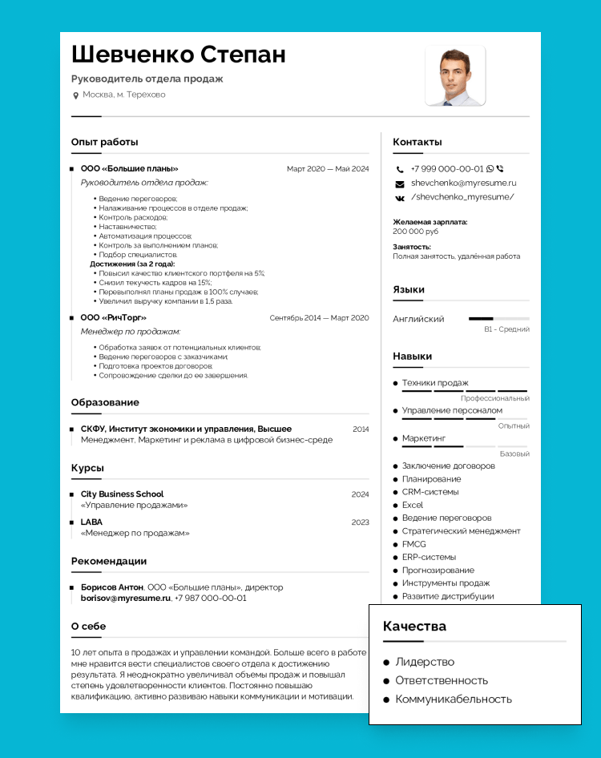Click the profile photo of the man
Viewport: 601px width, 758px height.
[x=455, y=76]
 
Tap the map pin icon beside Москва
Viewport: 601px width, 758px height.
[x=76, y=95]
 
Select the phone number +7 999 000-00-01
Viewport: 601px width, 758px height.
[x=447, y=169]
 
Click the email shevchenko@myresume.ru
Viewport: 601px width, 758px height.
[x=463, y=183]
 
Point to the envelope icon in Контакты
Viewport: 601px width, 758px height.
[x=400, y=183]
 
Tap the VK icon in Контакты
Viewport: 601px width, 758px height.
[x=400, y=197]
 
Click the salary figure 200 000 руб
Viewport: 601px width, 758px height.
[x=416, y=232]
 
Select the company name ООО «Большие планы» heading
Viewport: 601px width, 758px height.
[x=129, y=169]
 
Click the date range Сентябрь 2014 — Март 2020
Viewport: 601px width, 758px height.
[x=319, y=318]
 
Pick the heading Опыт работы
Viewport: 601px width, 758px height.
[x=104, y=142]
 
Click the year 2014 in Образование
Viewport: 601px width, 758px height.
[x=361, y=429]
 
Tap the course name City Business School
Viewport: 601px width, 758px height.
[x=122, y=494]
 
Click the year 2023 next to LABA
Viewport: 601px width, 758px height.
[x=361, y=522]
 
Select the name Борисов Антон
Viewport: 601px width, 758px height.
[x=112, y=587]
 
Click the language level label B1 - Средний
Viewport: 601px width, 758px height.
[x=506, y=329]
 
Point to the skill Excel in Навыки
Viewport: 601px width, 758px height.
[x=413, y=505]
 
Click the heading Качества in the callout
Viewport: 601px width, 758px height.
[x=414, y=626]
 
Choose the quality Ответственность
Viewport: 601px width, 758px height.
[x=442, y=680]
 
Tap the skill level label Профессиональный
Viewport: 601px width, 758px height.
[x=494, y=398]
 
